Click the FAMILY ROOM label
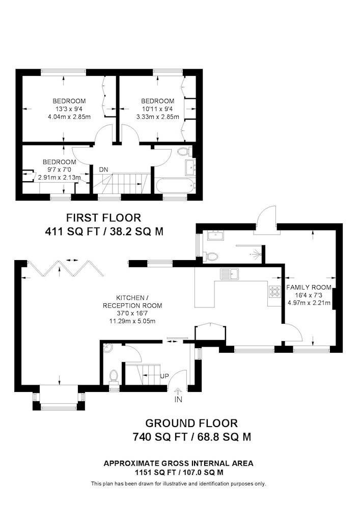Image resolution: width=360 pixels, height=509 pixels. [309, 287]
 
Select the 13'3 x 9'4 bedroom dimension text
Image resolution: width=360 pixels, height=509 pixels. [69, 109]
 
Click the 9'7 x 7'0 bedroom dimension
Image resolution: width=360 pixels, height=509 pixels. [60, 170]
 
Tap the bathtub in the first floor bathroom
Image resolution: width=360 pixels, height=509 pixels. [176, 185]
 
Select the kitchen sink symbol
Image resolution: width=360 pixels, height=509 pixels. [229, 274]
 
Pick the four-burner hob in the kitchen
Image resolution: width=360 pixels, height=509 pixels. [274, 291]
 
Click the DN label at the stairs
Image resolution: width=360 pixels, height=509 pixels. [103, 170]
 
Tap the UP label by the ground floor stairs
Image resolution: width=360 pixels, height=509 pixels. [164, 376]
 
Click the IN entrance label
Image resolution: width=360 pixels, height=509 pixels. [178, 400]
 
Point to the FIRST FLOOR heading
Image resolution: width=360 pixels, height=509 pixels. [103, 217]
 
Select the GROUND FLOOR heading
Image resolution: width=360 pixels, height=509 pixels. [191, 423]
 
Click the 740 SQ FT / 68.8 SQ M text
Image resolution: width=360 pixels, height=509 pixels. [191, 437]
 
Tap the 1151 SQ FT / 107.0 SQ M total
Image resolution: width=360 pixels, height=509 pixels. [179, 473]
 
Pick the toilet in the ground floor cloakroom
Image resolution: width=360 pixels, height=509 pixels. [114, 379]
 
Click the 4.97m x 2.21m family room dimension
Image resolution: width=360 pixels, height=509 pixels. [309, 303]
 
